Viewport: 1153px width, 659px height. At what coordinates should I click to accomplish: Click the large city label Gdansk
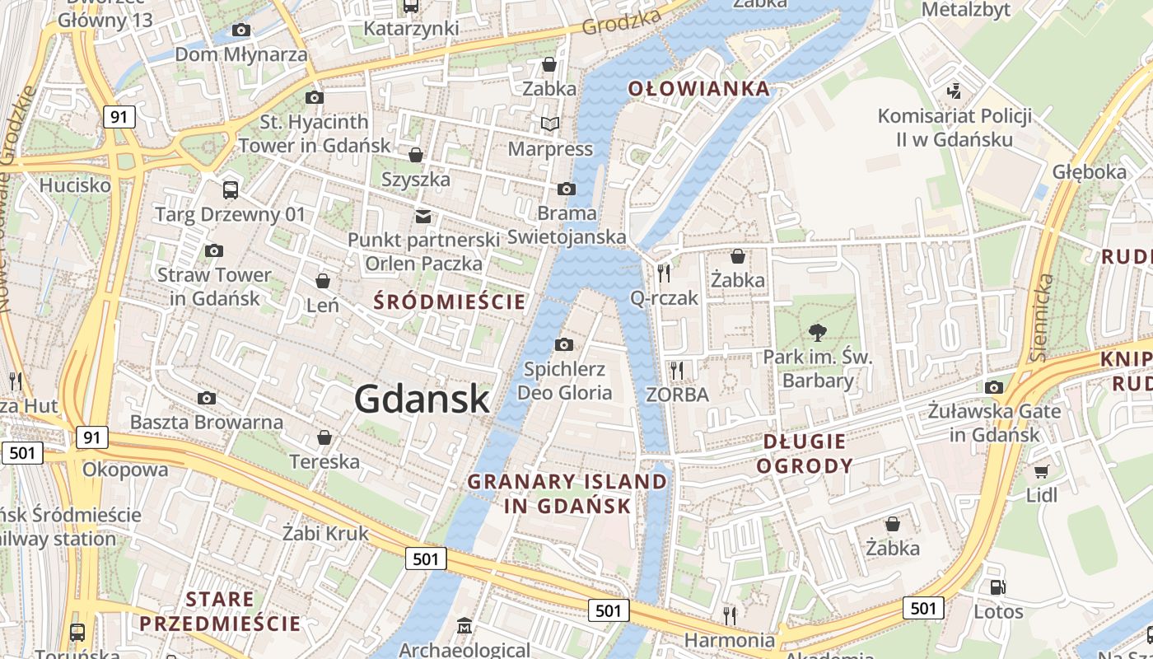(422, 400)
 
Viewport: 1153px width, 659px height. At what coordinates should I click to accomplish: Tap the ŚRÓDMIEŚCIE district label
(450, 301)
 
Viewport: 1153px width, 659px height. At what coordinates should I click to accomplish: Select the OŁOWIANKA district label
(699, 89)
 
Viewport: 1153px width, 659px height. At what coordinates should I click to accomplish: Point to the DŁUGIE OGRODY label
(805, 454)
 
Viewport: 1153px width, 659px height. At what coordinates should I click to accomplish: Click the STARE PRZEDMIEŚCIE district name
(220, 610)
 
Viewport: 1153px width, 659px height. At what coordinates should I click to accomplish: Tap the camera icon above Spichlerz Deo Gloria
(564, 344)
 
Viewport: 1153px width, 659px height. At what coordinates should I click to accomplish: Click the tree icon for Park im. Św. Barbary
(818, 333)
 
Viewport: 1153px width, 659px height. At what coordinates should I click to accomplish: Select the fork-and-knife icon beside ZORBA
(677, 371)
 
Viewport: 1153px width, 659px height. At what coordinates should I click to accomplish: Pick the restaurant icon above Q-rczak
(664, 273)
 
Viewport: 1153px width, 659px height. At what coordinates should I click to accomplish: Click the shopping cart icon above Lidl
(1042, 471)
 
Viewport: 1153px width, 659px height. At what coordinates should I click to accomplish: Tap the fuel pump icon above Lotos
(997, 587)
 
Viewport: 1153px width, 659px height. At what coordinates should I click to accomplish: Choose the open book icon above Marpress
(549, 124)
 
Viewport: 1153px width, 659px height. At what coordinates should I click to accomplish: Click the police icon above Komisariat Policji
(955, 91)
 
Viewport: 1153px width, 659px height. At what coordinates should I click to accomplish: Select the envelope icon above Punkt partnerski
(423, 216)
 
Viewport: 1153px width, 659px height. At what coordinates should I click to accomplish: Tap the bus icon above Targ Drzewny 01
(231, 190)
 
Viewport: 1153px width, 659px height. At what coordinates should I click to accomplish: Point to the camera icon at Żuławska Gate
(994, 387)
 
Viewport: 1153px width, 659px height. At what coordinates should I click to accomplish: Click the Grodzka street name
(622, 22)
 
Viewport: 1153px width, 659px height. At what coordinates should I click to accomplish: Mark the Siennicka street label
(1042, 318)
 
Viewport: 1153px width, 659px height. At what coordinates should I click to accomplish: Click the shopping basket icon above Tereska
(324, 437)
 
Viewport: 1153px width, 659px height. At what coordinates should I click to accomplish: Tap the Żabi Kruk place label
(325, 533)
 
